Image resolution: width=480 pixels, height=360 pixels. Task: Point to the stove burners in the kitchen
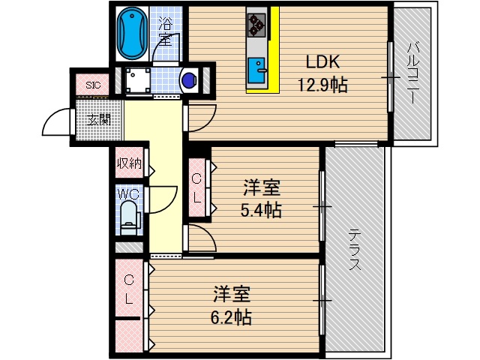(257, 24)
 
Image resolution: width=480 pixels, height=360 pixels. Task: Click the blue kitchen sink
(259, 68)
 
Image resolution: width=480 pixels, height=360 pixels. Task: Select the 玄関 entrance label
(98, 120)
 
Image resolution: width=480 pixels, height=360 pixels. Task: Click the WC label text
(128, 193)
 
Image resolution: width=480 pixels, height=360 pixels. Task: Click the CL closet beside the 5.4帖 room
(196, 187)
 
